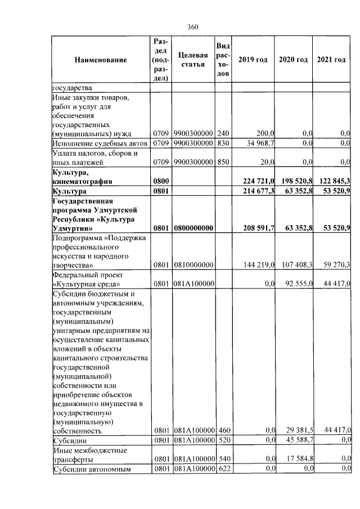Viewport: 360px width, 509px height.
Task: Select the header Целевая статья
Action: click(x=193, y=60)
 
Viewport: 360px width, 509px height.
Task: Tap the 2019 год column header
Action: click(x=253, y=60)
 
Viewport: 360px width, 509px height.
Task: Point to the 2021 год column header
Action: click(x=331, y=60)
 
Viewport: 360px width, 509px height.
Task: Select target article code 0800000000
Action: click(x=193, y=228)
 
